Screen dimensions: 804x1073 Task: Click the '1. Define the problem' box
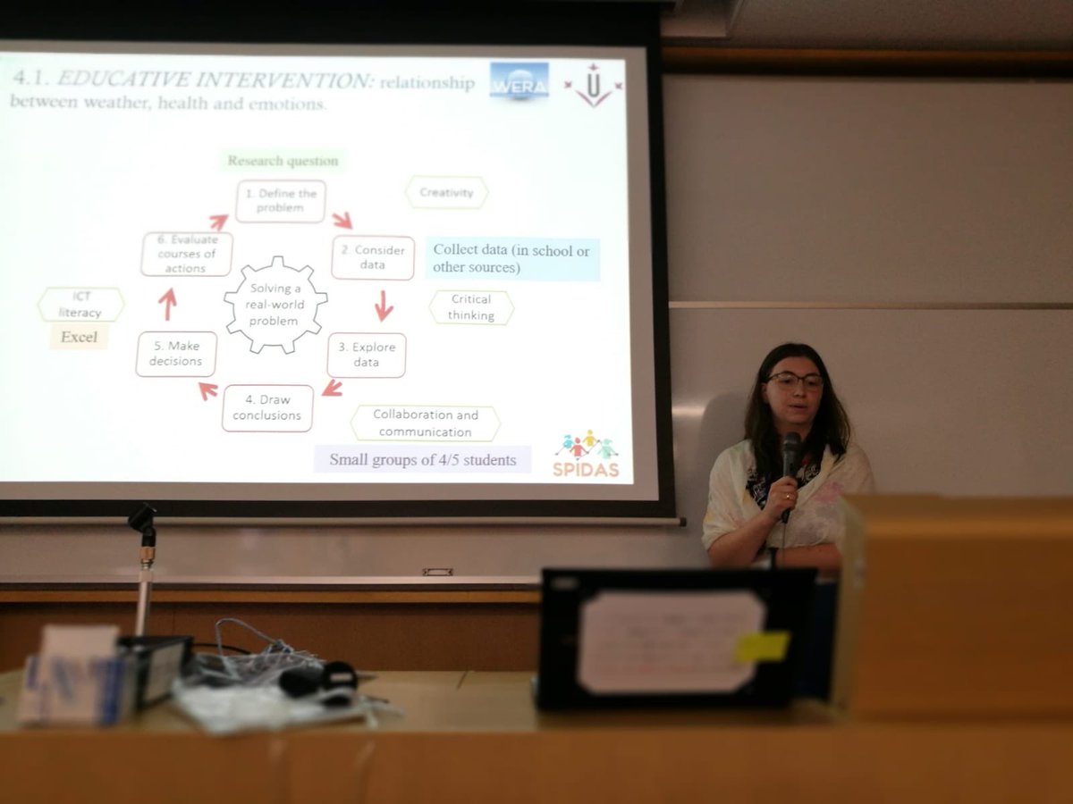point(281,201)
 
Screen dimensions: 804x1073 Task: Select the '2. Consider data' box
point(373,258)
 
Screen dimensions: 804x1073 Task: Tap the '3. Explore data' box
point(367,355)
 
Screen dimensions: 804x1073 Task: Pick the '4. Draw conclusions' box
point(268,408)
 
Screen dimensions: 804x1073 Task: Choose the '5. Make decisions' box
point(177,354)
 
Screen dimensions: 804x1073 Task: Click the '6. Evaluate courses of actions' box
point(187,254)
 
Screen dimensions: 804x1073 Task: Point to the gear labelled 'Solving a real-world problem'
point(275,304)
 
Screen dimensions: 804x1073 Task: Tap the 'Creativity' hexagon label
point(446,192)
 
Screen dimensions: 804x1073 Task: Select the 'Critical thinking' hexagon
point(471,307)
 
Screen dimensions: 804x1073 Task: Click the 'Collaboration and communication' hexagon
point(426,423)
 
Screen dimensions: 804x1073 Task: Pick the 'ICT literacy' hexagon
point(80,305)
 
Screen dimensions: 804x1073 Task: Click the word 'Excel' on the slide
point(79,337)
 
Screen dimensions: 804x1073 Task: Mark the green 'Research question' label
point(283,161)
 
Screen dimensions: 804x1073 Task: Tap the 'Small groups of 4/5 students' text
point(422,460)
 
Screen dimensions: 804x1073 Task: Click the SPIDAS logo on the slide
point(586,454)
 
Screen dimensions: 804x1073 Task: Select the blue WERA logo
point(520,80)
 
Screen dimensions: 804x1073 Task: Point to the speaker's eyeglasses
point(794,380)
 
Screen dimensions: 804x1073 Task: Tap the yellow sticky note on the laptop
point(763,646)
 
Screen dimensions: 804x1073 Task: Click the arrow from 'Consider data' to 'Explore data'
point(384,306)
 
